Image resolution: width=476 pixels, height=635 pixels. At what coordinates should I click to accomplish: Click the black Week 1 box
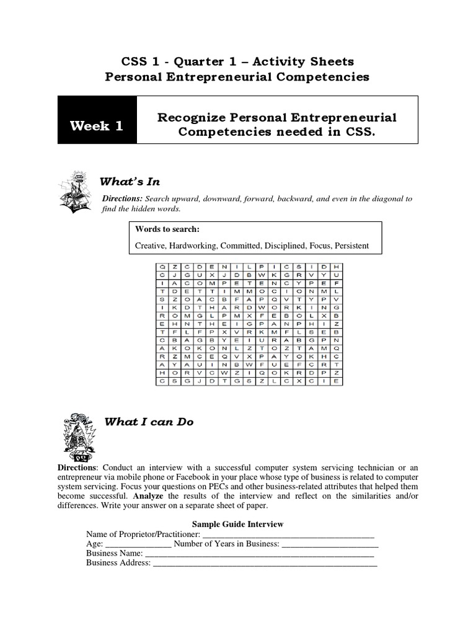(x=97, y=126)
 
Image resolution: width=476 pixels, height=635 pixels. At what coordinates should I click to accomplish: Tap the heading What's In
(x=130, y=181)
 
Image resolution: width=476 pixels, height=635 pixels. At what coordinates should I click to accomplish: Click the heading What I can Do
(x=149, y=422)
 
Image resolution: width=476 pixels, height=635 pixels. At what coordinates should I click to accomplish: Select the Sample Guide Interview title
(x=237, y=524)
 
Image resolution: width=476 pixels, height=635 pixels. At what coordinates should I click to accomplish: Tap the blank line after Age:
(x=137, y=544)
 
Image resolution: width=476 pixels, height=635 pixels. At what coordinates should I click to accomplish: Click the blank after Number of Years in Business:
(x=330, y=544)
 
